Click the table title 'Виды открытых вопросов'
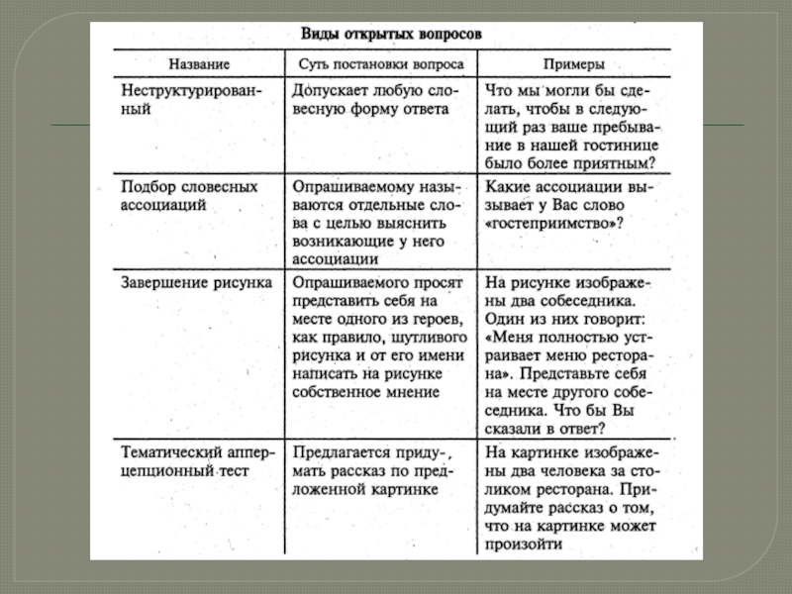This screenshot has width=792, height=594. [391, 34]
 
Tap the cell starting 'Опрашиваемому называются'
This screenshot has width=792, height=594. [376, 223]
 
